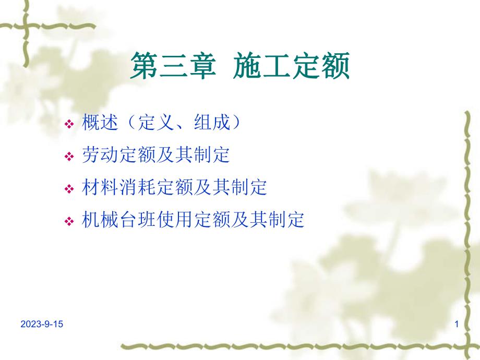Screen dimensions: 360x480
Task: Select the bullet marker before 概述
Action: pyautogui.click(x=68, y=125)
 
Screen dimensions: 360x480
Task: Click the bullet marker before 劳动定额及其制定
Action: pyautogui.click(x=68, y=157)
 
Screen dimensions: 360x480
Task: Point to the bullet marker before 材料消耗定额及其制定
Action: pyautogui.click(x=68, y=189)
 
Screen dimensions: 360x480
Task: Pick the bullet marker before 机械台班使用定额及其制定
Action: pyautogui.click(x=68, y=221)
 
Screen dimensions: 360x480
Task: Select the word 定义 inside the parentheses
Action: pyautogui.click(x=154, y=123)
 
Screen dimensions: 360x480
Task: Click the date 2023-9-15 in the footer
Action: pyautogui.click(x=42, y=325)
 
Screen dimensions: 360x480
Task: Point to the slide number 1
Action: pyautogui.click(x=457, y=325)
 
